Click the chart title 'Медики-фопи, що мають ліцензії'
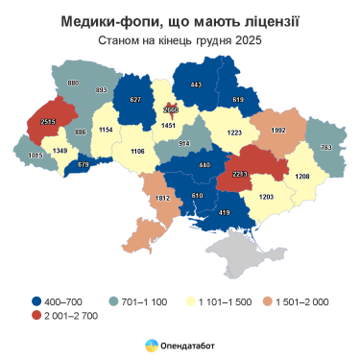(180, 21)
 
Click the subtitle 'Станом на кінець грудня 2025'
(180, 41)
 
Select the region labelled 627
(134, 100)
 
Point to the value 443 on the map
(196, 84)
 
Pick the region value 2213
(240, 175)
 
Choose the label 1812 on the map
(163, 198)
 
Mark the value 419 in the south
(225, 210)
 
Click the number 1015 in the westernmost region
(36, 156)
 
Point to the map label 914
(184, 143)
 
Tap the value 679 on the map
(83, 165)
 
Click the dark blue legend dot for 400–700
(36, 301)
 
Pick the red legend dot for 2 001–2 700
(36, 316)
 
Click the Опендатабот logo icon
(152, 345)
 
